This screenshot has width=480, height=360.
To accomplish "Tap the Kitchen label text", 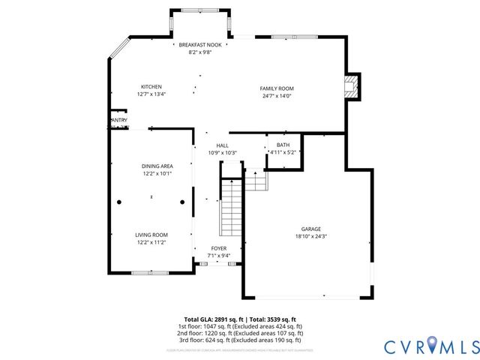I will pos(151,86).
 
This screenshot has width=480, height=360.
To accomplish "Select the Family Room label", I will pos(277,88).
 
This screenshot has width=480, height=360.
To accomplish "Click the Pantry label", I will pos(118,120).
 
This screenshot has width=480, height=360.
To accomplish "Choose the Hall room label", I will pos(222,145).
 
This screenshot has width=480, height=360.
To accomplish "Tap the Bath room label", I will pos(283,145).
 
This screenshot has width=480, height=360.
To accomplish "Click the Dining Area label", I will pos(157,166).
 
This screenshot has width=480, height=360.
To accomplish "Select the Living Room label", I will pos(151,235).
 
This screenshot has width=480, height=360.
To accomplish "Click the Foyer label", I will pos(218,248).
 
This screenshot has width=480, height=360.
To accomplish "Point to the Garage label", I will pos(310,229).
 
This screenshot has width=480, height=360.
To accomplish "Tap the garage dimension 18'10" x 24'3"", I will pos(310,236).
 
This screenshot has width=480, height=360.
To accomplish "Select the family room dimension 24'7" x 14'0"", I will pos(277,96).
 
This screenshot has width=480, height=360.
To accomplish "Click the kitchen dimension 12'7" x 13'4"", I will pos(151,94).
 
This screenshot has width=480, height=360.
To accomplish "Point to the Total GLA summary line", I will pos(240,319).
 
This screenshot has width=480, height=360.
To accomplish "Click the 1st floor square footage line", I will pos(240,326).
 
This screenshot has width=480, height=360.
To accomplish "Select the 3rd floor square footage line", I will pos(240,340).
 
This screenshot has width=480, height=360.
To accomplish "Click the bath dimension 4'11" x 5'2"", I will pos(284,152).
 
